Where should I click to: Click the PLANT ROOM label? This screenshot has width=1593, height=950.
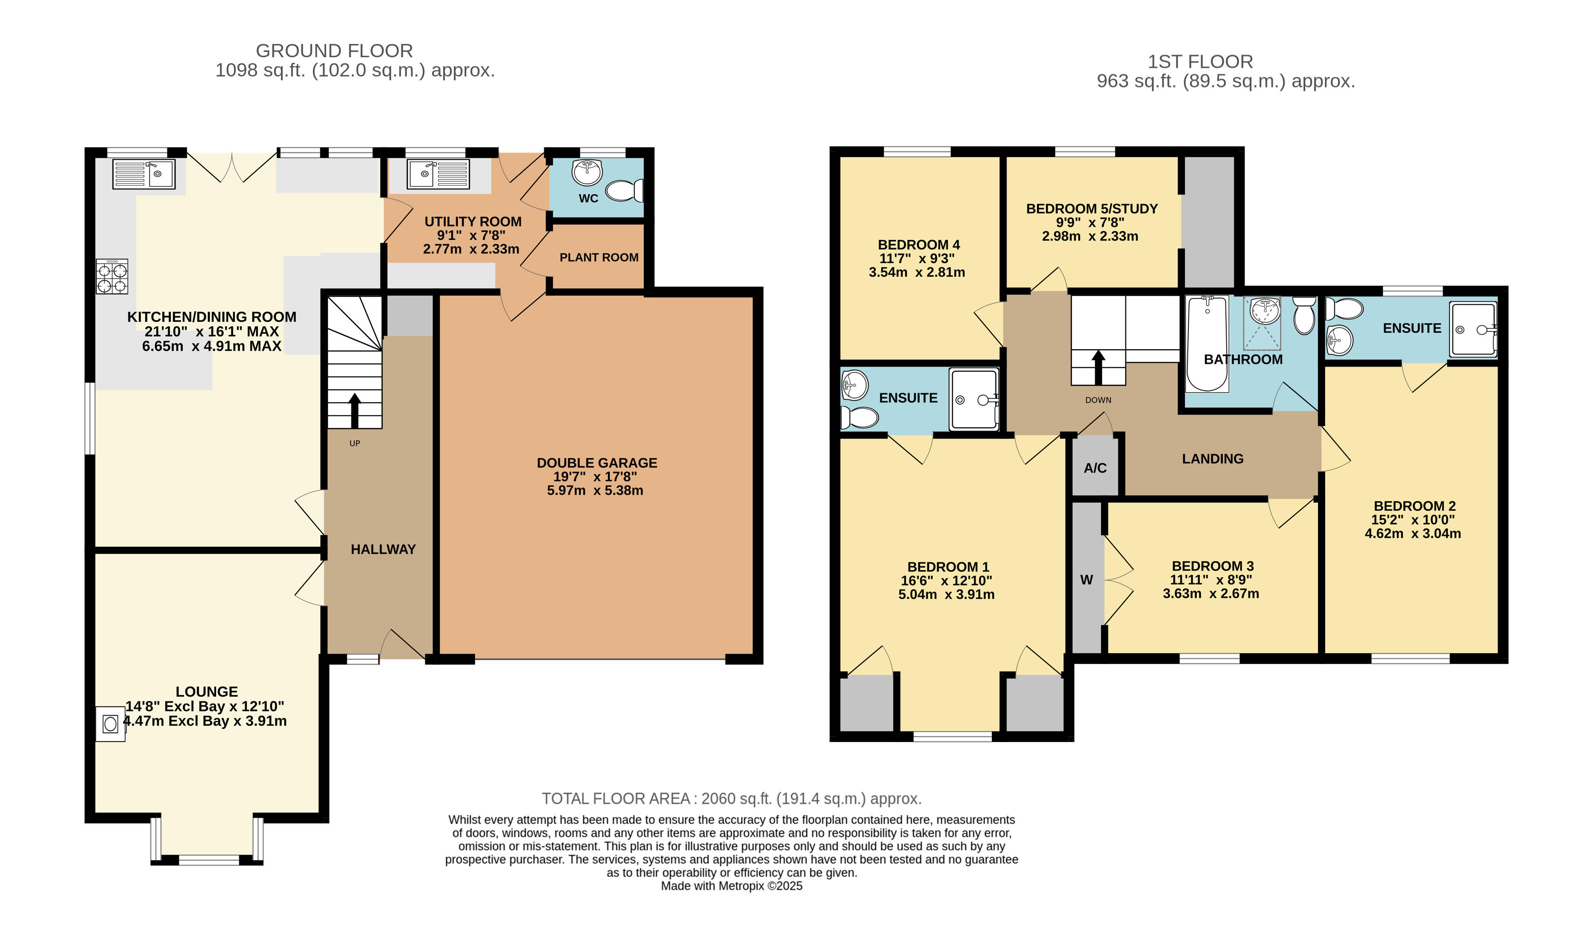pyautogui.click(x=599, y=257)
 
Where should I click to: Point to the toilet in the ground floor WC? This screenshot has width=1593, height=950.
pyautogui.click(x=625, y=191)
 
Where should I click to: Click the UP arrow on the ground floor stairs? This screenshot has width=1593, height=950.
pyautogui.click(x=354, y=410)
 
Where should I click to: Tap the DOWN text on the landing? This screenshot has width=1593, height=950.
pyautogui.click(x=1098, y=400)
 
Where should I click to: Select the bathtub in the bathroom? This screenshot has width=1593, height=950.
pyautogui.click(x=1207, y=343)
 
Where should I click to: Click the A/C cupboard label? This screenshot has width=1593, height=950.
pyautogui.click(x=1095, y=468)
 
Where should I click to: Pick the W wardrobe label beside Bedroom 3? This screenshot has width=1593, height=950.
pyautogui.click(x=1087, y=580)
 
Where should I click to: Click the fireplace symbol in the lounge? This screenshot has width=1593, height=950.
pyautogui.click(x=111, y=724)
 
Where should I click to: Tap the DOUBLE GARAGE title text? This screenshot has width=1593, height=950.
pyautogui.click(x=597, y=463)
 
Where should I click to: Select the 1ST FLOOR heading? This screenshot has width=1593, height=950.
pyautogui.click(x=1200, y=61)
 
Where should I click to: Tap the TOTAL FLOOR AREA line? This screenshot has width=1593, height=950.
pyautogui.click(x=731, y=798)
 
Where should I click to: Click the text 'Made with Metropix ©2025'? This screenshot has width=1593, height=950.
pyautogui.click(x=731, y=886)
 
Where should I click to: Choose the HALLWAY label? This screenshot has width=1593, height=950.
pyautogui.click(x=383, y=549)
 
